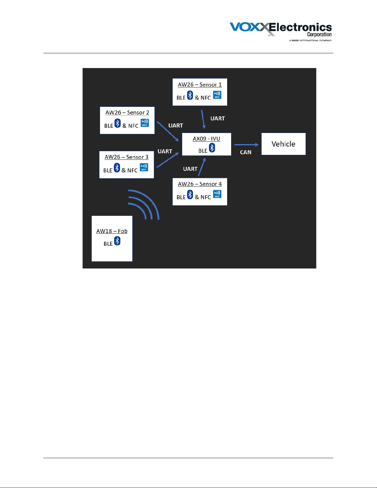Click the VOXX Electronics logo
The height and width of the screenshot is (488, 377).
tap(281, 31)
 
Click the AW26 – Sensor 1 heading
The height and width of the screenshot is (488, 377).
tap(200, 85)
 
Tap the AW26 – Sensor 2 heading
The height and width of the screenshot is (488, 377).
tap(127, 113)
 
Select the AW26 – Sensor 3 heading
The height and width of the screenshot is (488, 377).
tap(126, 157)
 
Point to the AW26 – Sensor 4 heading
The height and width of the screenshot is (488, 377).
tap(200, 184)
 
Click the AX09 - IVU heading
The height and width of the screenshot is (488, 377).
tap(206, 139)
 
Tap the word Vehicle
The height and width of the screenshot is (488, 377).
tap(283, 144)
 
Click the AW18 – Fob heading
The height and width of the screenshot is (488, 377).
tap(112, 231)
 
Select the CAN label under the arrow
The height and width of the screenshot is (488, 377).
tap(246, 152)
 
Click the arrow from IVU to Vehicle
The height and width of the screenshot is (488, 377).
tap(246, 145)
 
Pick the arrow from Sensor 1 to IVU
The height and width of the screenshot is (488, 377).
tap(203, 119)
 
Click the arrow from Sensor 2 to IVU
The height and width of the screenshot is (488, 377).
tap(168, 131)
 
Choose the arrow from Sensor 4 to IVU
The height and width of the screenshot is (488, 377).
tap(202, 167)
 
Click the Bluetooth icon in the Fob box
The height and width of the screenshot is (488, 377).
tap(117, 241)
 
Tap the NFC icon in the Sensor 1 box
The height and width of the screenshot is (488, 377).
tap(217, 95)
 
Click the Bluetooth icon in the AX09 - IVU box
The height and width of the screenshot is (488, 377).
tap(212, 148)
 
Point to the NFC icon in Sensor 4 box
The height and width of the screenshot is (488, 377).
tap(217, 194)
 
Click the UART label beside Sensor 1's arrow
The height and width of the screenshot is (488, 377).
tap(218, 119)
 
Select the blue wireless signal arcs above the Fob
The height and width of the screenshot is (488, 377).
tap(144, 204)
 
